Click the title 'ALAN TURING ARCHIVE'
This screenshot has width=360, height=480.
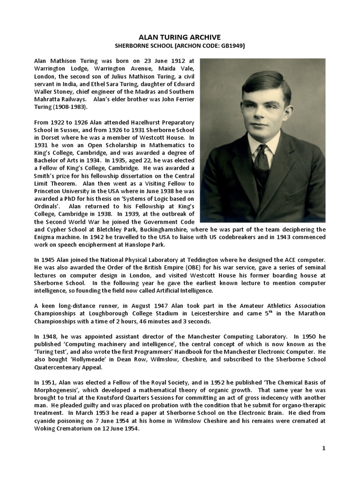(180, 37)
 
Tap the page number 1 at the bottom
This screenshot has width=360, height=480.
(323, 449)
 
